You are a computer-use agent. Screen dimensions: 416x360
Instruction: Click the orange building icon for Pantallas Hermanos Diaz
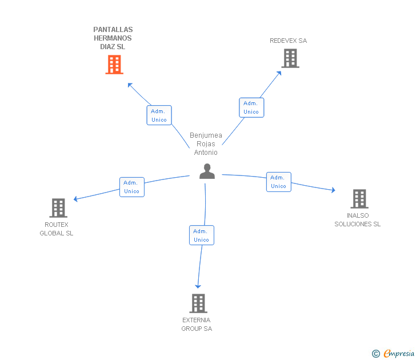[x=114, y=65]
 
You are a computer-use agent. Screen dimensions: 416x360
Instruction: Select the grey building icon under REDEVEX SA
[x=290, y=58]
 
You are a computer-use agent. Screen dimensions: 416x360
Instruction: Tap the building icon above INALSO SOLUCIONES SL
[x=359, y=199]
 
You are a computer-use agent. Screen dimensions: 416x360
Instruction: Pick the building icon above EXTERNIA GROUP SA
[x=198, y=303]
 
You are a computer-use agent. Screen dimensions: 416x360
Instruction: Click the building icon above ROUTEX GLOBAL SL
[x=58, y=208]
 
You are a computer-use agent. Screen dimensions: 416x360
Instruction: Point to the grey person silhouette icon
[x=207, y=171]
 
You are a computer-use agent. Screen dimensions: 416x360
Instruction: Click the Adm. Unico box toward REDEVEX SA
[x=251, y=107]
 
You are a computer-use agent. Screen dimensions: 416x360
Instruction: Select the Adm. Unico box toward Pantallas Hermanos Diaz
[x=159, y=115]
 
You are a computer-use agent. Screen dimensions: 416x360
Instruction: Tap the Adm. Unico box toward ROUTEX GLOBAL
[x=132, y=187]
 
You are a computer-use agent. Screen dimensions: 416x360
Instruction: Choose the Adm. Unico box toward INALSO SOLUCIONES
[x=279, y=182]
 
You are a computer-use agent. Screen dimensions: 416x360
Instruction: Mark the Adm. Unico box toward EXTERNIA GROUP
[x=202, y=235]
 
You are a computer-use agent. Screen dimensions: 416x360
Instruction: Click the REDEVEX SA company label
[x=288, y=41]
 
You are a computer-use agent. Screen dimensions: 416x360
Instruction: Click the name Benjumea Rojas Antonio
[x=206, y=144]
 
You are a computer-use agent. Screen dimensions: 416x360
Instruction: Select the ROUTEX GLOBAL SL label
[x=56, y=229]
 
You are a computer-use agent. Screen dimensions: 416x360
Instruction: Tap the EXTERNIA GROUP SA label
[x=197, y=324]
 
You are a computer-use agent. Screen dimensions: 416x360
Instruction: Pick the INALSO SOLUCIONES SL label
[x=357, y=219]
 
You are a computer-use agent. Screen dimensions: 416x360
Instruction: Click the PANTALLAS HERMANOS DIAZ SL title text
[x=113, y=38]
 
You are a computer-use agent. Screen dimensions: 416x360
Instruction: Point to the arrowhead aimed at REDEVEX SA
[x=279, y=74]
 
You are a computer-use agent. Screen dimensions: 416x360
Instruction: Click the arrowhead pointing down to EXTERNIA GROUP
[x=198, y=286]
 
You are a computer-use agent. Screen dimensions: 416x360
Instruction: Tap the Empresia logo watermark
[x=393, y=353]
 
